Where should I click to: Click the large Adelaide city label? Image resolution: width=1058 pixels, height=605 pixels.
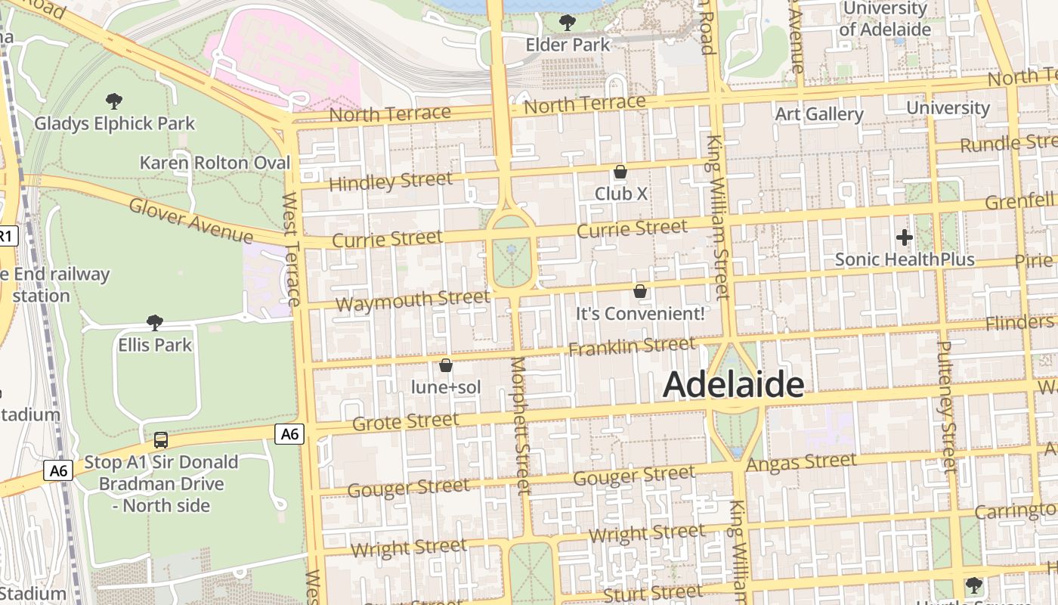tap(733, 385)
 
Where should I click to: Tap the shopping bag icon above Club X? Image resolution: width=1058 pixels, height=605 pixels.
tap(620, 172)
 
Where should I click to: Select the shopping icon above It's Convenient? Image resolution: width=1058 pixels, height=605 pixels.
tap(640, 291)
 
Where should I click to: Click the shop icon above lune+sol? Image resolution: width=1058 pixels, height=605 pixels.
tap(446, 366)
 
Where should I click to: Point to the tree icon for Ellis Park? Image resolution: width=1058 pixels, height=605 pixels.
tap(155, 323)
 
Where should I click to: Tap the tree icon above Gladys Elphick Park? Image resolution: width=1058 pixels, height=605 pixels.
tap(114, 101)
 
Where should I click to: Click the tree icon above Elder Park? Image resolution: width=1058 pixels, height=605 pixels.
tap(568, 23)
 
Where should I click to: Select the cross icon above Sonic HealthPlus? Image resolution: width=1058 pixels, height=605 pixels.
tap(904, 237)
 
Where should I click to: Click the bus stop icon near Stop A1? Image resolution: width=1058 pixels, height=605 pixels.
tap(160, 439)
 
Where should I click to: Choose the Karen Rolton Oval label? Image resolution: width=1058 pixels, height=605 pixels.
tap(215, 163)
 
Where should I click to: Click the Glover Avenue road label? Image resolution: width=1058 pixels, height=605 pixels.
tap(190, 220)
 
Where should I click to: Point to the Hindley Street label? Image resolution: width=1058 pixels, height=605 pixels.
tap(391, 181)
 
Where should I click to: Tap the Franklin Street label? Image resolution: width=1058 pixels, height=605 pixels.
tap(632, 346)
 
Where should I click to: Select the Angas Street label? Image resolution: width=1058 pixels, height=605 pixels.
tap(801, 462)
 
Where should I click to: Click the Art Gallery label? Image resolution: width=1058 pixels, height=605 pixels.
tap(819, 114)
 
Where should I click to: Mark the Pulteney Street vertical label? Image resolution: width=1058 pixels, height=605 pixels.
tap(946, 406)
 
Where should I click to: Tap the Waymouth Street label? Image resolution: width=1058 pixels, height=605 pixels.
tap(413, 300)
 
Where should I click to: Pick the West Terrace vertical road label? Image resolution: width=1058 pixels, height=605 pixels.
tap(292, 249)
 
